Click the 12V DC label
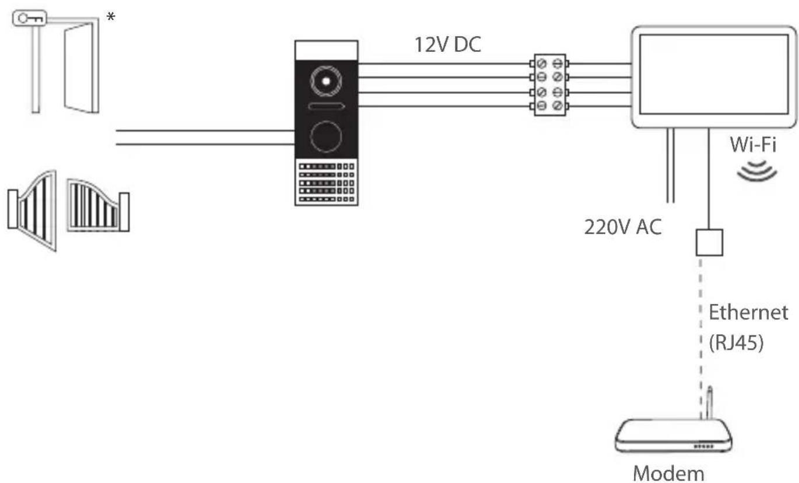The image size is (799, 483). pos(448,44)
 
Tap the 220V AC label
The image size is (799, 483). pos(623,226)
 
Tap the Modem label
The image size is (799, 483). pos(668,473)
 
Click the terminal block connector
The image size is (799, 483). pos(549,85)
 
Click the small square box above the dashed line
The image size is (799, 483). pos(709,242)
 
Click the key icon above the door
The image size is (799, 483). pos(28,18)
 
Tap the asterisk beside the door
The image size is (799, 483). pos(111,17)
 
